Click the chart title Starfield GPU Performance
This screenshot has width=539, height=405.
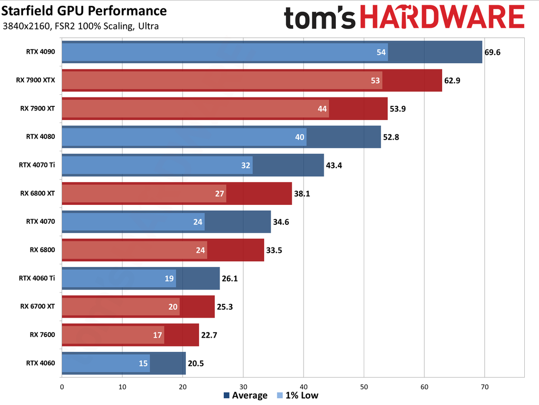tap(85, 11)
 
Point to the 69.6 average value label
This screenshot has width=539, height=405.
tap(493, 52)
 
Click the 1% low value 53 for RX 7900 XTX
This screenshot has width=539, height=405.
tap(375, 80)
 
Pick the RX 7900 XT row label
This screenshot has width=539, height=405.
tap(38, 108)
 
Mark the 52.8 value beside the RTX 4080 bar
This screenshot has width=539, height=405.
tap(392, 137)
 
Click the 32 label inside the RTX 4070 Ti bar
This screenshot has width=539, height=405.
tap(246, 165)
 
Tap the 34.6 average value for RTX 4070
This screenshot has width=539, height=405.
tap(282, 222)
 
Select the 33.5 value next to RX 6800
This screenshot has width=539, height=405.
tap(274, 250)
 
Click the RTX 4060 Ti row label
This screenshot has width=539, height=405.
tap(37, 278)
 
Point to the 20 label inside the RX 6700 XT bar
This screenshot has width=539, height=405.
tap(173, 307)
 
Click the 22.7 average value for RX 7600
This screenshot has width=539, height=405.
tap(209, 335)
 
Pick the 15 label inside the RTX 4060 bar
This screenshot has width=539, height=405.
tap(143, 363)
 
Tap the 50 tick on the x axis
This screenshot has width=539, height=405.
tap(364, 387)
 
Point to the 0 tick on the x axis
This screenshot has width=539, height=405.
tap(62, 387)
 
